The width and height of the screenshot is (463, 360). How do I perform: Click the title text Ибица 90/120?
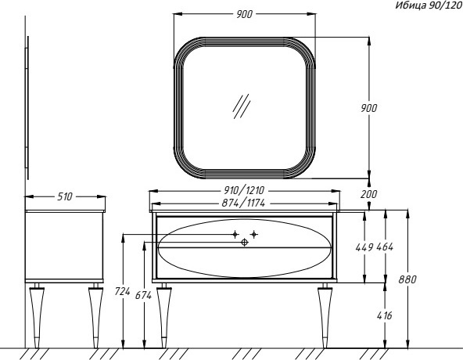coord(429,5)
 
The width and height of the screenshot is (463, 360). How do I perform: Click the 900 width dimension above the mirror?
coord(245,14)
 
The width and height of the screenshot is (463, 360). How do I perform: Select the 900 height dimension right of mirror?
coord(369,108)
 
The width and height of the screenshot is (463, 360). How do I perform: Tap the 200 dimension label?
coord(369,194)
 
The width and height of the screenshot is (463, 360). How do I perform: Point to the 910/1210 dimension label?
coord(244,190)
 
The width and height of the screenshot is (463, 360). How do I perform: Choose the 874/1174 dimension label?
coord(243,203)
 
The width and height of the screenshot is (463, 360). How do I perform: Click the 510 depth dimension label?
coord(65,196)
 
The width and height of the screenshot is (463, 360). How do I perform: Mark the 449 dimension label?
coord(364,247)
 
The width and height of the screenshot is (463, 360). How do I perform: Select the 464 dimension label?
coord(385,247)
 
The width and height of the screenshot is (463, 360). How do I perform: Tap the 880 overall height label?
coord(407,279)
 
